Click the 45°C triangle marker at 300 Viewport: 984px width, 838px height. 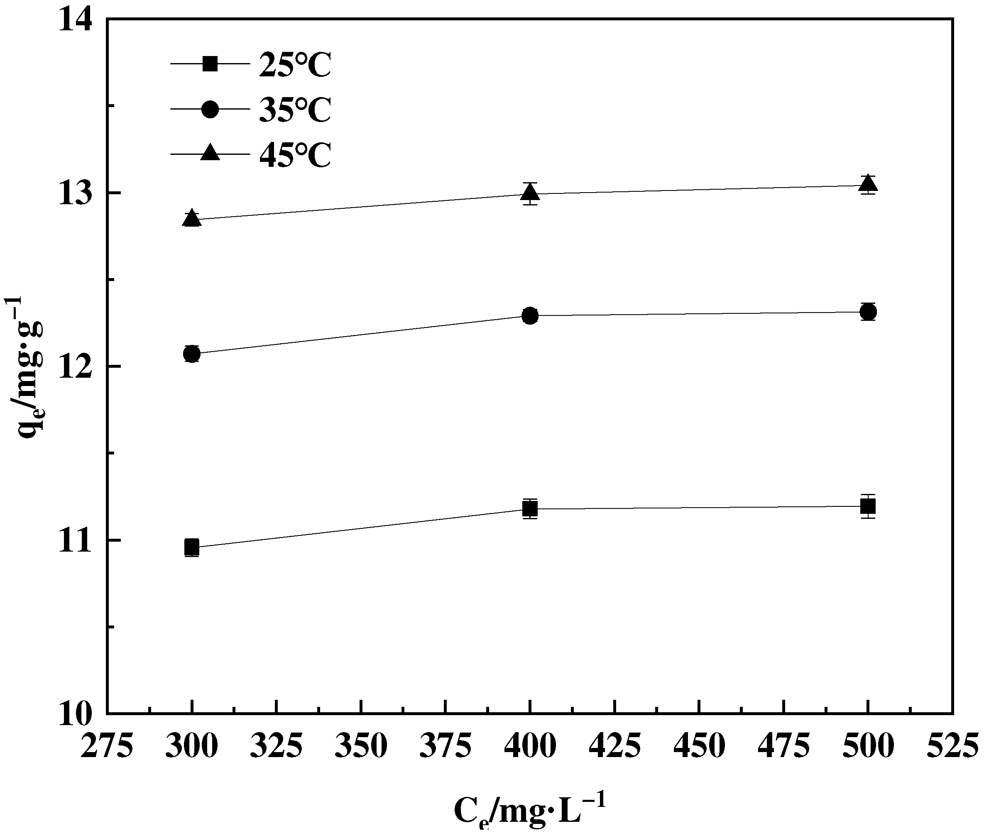click(192, 218)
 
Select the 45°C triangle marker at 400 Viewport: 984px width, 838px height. click(530, 192)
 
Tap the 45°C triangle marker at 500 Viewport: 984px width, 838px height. click(868, 184)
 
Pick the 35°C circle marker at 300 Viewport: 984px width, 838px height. click(192, 354)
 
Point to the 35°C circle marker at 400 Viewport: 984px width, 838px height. click(530, 316)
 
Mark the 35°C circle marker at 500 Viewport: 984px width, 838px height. click(868, 312)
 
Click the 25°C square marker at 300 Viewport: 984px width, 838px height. click(192, 547)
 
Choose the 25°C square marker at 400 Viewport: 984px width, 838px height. click(530, 509)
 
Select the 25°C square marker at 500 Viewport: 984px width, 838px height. click(868, 506)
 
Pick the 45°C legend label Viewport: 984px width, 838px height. click(295, 155)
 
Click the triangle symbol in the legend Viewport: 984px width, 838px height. click(210, 153)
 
